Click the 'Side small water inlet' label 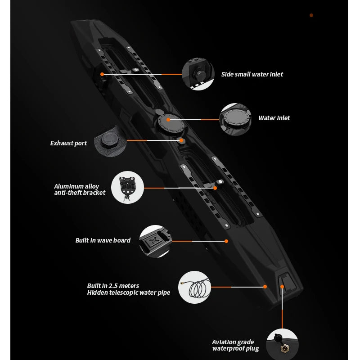coord(252,74)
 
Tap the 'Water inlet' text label coord(274,118)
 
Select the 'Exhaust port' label coord(68,143)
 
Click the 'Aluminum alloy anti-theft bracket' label coord(80,189)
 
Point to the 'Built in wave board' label coord(103,240)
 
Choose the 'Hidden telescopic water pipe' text coord(129,292)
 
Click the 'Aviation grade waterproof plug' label coord(235,345)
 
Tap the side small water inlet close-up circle coord(198,74)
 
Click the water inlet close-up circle coord(235,119)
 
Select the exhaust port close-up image coord(110,140)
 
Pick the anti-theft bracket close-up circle coord(127,187)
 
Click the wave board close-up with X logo coord(155,241)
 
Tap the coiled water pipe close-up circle coord(194,287)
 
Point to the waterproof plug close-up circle coord(283,344)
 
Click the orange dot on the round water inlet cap coord(168,120)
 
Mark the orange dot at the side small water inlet coord(102,74)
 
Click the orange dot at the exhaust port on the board coord(181,140)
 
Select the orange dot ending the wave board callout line coord(226,241)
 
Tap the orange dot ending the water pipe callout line coord(265,287)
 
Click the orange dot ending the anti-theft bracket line coord(215,188)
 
